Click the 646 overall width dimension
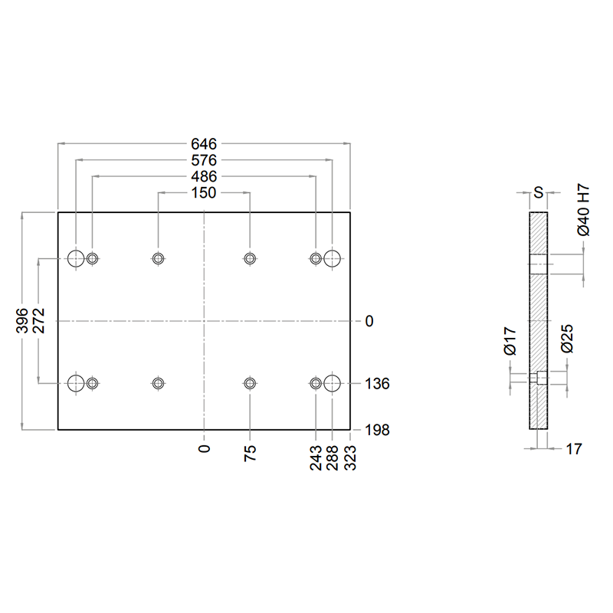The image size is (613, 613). pos(204,144)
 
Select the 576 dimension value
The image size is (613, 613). pos(204,160)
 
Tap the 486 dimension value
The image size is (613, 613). pos(204,177)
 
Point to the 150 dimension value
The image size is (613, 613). pos(204,193)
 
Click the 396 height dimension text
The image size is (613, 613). pos(22,321)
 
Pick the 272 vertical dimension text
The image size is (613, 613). pos(39,321)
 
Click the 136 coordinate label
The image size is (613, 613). pos(377,384)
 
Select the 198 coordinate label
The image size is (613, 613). pos(377,430)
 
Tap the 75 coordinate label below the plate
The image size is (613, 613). pos(251,454)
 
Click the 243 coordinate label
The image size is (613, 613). pos(316,457)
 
